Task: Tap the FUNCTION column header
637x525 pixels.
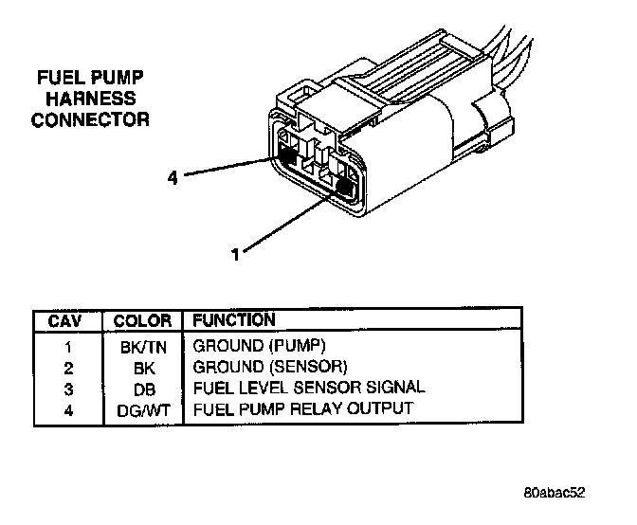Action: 234,320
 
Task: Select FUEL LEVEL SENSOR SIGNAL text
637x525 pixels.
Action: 309,388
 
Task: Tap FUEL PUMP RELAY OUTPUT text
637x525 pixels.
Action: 303,408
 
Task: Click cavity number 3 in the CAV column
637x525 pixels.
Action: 67,389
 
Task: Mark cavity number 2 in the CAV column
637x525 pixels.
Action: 67,368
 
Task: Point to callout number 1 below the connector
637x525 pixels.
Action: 234,253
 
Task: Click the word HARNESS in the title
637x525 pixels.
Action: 91,99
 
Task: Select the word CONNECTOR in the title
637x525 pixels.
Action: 91,119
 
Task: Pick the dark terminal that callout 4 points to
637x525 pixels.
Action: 285,152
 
